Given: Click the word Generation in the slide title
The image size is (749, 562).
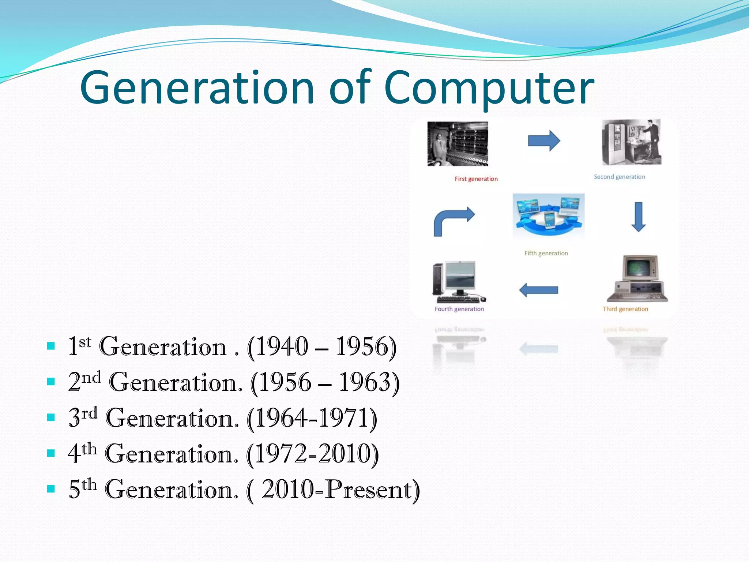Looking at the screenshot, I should click(x=197, y=88).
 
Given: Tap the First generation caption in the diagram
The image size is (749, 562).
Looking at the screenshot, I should click(x=476, y=179).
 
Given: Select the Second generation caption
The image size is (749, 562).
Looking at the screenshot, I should click(x=619, y=177).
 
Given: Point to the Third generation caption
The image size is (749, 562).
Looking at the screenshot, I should click(x=625, y=309).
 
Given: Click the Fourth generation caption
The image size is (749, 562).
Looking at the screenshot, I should click(x=459, y=309).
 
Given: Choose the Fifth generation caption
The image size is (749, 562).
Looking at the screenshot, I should click(x=546, y=253).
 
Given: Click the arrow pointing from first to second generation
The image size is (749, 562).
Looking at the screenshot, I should click(x=544, y=141).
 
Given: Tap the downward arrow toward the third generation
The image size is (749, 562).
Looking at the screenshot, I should click(x=638, y=217).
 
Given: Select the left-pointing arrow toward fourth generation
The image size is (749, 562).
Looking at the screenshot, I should click(x=538, y=290).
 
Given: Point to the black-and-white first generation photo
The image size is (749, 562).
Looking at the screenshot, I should click(x=458, y=144).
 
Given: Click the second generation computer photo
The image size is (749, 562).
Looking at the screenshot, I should click(x=632, y=143).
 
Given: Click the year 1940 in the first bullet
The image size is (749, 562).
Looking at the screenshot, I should click(x=282, y=346).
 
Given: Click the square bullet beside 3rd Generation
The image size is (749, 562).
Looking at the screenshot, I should click(x=51, y=417).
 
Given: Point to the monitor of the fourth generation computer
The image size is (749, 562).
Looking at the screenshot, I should click(x=460, y=277).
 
